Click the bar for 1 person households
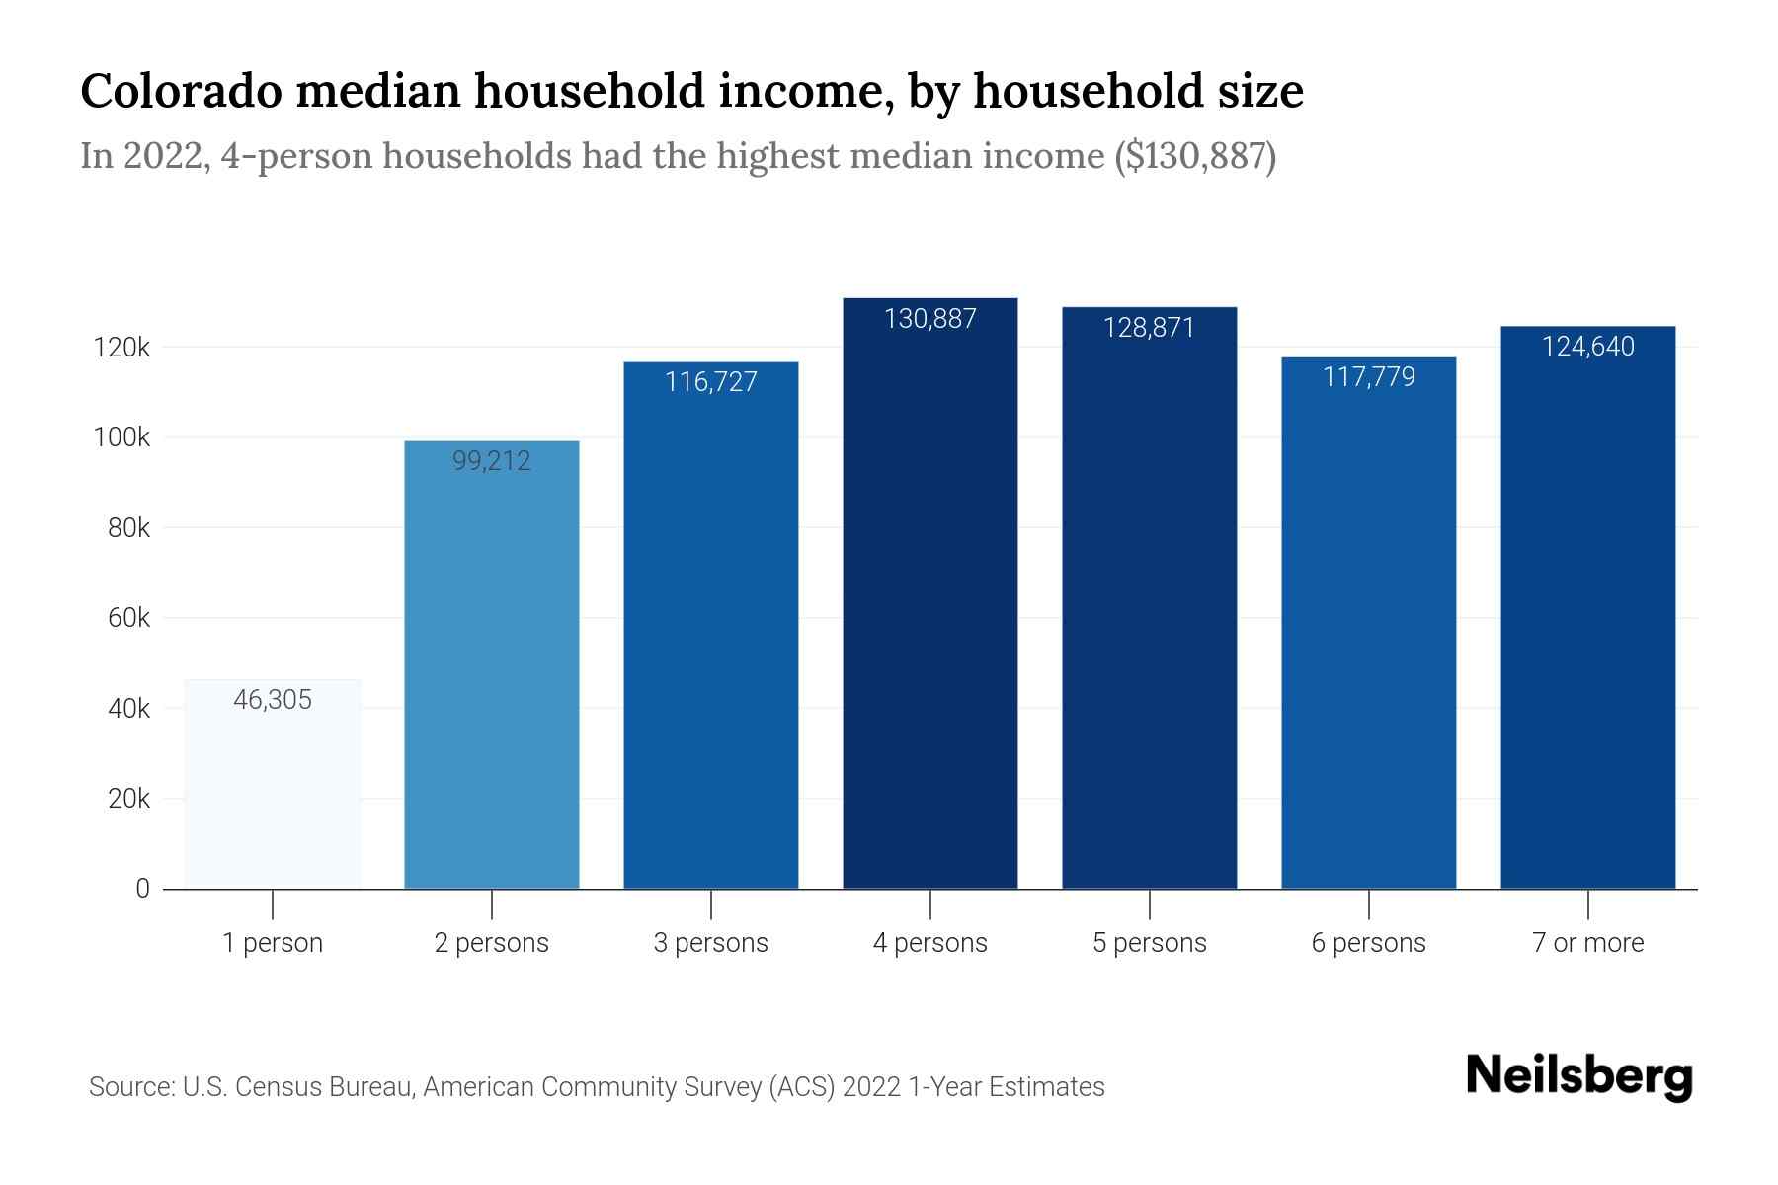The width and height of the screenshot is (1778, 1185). pos(273,790)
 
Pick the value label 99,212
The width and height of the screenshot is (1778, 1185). pos(492,461)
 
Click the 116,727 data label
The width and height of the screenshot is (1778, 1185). pos(711,382)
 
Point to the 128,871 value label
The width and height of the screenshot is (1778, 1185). pos(1149,328)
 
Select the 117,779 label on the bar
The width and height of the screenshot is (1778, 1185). pos(1368,377)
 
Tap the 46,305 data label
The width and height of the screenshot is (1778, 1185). pos(273,700)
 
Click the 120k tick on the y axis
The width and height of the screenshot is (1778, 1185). pos(121,348)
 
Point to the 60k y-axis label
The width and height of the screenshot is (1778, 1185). pos(128,618)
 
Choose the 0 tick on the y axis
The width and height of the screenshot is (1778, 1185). pos(142,889)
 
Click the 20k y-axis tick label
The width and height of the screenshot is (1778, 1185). pos(128,799)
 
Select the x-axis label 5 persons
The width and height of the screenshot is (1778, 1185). pos(1149,943)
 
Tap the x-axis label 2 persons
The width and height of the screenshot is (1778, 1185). pos(492,943)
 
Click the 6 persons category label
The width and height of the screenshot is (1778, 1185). pos(1368,943)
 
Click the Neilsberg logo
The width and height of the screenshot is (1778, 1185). pos(1578,1076)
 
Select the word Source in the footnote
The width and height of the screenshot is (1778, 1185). pos(129,1087)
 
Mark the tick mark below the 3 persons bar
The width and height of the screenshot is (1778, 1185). pos(711,905)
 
